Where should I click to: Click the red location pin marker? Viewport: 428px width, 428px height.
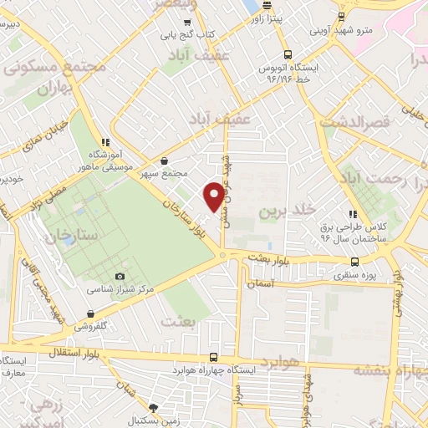215,195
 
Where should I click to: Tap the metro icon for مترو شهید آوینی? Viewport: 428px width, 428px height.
342,18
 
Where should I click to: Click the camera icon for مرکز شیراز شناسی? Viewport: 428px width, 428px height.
120,276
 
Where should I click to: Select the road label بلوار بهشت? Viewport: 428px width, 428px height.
267,261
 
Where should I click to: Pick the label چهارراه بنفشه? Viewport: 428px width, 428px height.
391,369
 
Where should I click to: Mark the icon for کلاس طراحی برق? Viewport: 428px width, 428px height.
353,213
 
